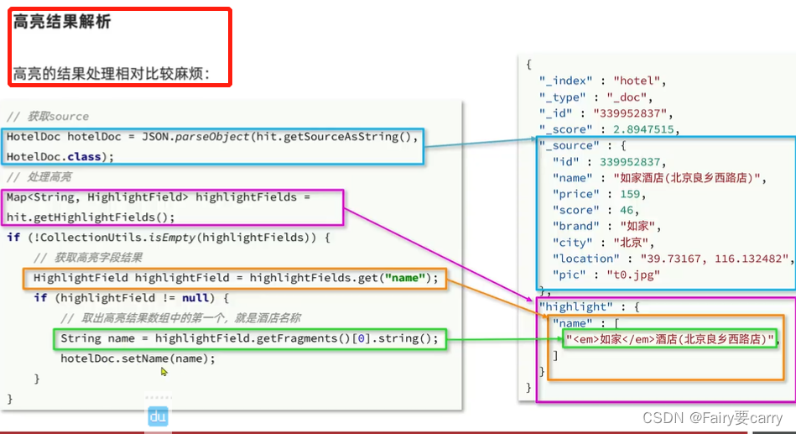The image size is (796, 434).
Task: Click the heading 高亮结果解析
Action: [61, 23]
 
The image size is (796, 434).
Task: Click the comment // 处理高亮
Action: [39, 176]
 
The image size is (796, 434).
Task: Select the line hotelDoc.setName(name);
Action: [138, 358]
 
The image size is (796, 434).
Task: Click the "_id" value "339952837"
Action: [633, 113]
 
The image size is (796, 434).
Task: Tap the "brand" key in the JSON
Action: [574, 226]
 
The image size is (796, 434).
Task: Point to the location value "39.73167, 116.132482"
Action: [715, 259]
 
